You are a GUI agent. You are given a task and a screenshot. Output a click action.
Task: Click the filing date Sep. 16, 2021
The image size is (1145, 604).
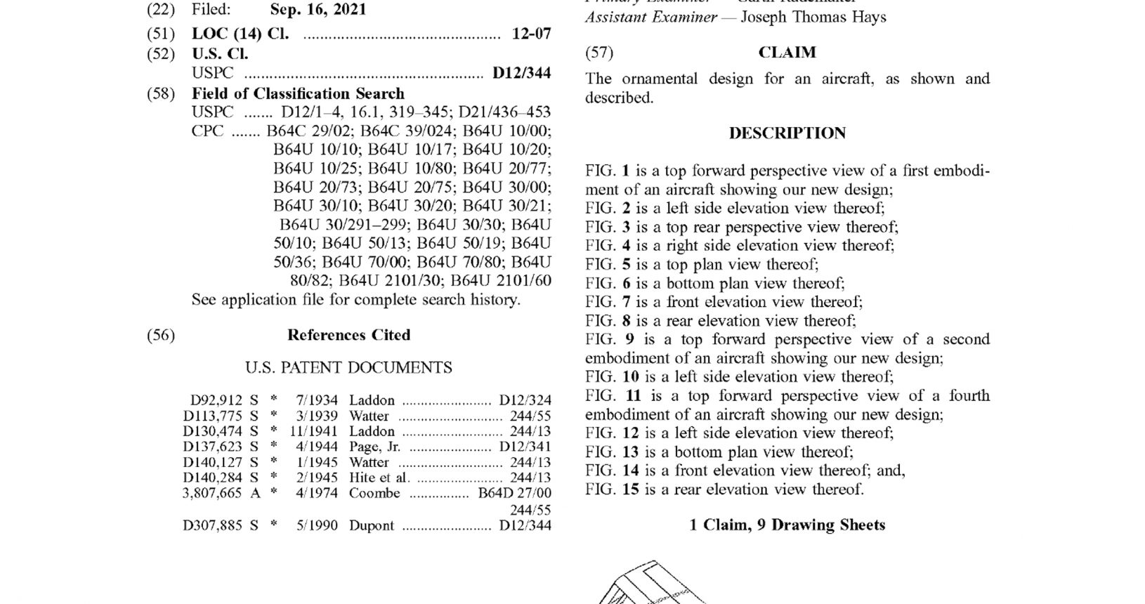coord(318,11)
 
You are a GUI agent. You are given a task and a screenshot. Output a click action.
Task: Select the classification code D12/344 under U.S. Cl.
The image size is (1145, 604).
coord(521,73)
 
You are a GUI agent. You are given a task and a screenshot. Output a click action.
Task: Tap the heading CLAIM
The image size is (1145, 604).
coord(787,53)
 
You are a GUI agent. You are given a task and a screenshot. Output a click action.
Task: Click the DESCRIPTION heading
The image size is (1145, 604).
coord(787,133)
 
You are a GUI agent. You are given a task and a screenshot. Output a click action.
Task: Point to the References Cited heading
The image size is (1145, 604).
coord(348,335)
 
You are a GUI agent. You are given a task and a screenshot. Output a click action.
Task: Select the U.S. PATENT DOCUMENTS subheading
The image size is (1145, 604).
coord(348,367)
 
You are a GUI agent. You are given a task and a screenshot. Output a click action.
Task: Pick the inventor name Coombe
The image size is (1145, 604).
coord(374,493)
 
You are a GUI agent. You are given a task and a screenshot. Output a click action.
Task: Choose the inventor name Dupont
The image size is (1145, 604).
coord(372,525)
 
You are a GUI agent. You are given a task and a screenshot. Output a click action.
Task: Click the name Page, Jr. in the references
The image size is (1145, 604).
coord(374,447)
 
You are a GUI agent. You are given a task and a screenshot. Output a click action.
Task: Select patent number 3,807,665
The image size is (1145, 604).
coord(212,493)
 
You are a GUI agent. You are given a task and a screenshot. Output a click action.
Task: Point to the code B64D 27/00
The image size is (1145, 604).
coord(514,493)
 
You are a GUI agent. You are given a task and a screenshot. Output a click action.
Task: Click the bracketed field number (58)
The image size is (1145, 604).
coord(161,93)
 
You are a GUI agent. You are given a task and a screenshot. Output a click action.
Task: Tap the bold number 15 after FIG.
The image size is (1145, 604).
coord(630,490)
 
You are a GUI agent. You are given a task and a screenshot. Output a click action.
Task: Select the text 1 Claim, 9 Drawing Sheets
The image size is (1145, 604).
coord(787,525)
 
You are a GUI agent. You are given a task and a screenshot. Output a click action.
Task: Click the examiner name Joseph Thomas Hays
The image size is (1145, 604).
coord(813,17)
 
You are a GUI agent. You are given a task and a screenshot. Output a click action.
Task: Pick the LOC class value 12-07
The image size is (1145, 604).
coord(532,34)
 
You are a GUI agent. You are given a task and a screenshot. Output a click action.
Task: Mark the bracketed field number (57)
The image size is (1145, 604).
coord(599,53)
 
